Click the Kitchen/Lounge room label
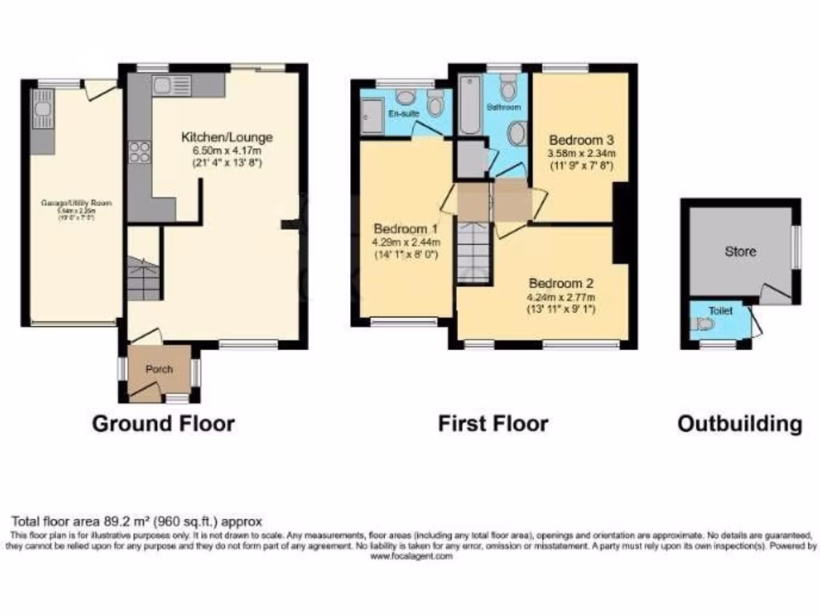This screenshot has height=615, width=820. pyautogui.click(x=227, y=137)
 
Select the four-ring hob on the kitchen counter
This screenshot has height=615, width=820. pyautogui.click(x=139, y=151)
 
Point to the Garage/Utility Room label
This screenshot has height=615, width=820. pyautogui.click(x=77, y=203)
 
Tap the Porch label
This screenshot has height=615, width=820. pyautogui.click(x=159, y=369)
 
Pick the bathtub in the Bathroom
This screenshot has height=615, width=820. pyautogui.click(x=468, y=104)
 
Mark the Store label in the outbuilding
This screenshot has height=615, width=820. pyautogui.click(x=740, y=251)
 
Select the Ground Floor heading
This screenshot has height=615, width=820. pyautogui.click(x=163, y=423)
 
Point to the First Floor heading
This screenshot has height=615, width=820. pyautogui.click(x=492, y=423)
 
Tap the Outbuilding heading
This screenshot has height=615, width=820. pyautogui.click(x=739, y=423)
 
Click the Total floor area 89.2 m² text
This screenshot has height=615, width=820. pyautogui.click(x=136, y=520)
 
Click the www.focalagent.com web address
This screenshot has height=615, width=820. pyautogui.click(x=411, y=556)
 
